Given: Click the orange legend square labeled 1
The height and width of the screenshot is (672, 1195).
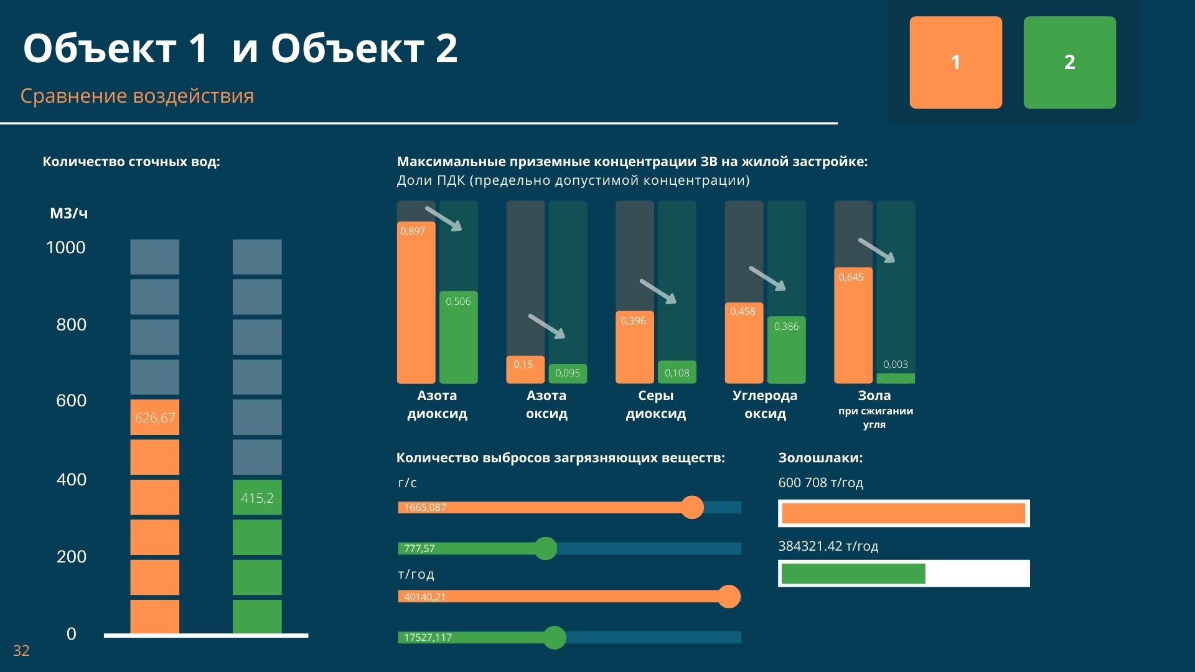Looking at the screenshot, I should pyautogui.click(x=955, y=62).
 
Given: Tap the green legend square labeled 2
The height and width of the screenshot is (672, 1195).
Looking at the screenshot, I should pyautogui.click(x=1069, y=62).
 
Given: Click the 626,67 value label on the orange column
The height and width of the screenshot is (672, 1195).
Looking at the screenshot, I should pyautogui.click(x=155, y=418).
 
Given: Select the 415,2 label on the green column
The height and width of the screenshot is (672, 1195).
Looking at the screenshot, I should pyautogui.click(x=257, y=498).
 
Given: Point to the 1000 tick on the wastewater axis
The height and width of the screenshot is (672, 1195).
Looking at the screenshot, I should pyautogui.click(x=66, y=248).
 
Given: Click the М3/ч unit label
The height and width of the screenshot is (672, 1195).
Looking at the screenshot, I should pyautogui.click(x=69, y=213).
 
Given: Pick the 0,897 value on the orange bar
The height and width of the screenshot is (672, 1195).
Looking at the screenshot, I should pyautogui.click(x=413, y=231).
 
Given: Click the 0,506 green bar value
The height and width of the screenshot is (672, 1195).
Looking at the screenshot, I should pyautogui.click(x=458, y=302).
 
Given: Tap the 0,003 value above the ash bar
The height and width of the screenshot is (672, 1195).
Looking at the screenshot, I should pyautogui.click(x=896, y=365).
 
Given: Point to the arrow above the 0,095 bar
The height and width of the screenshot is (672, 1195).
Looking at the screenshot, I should pyautogui.click(x=546, y=327).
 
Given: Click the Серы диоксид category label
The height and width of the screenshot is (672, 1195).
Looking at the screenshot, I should pyautogui.click(x=655, y=404).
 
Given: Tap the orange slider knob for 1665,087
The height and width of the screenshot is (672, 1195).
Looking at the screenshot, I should pyautogui.click(x=692, y=507).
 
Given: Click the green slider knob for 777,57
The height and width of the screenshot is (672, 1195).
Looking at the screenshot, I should pyautogui.click(x=546, y=548).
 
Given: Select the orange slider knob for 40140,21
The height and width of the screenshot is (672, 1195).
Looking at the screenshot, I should pyautogui.click(x=729, y=597).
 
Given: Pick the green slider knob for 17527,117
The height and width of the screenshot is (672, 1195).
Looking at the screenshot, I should pyautogui.click(x=554, y=637).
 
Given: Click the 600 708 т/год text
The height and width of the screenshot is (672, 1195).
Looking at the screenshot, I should pyautogui.click(x=820, y=483).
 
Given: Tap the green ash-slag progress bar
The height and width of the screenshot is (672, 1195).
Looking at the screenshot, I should pyautogui.click(x=853, y=574).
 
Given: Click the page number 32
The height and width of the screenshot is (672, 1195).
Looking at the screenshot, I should pyautogui.click(x=21, y=651).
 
